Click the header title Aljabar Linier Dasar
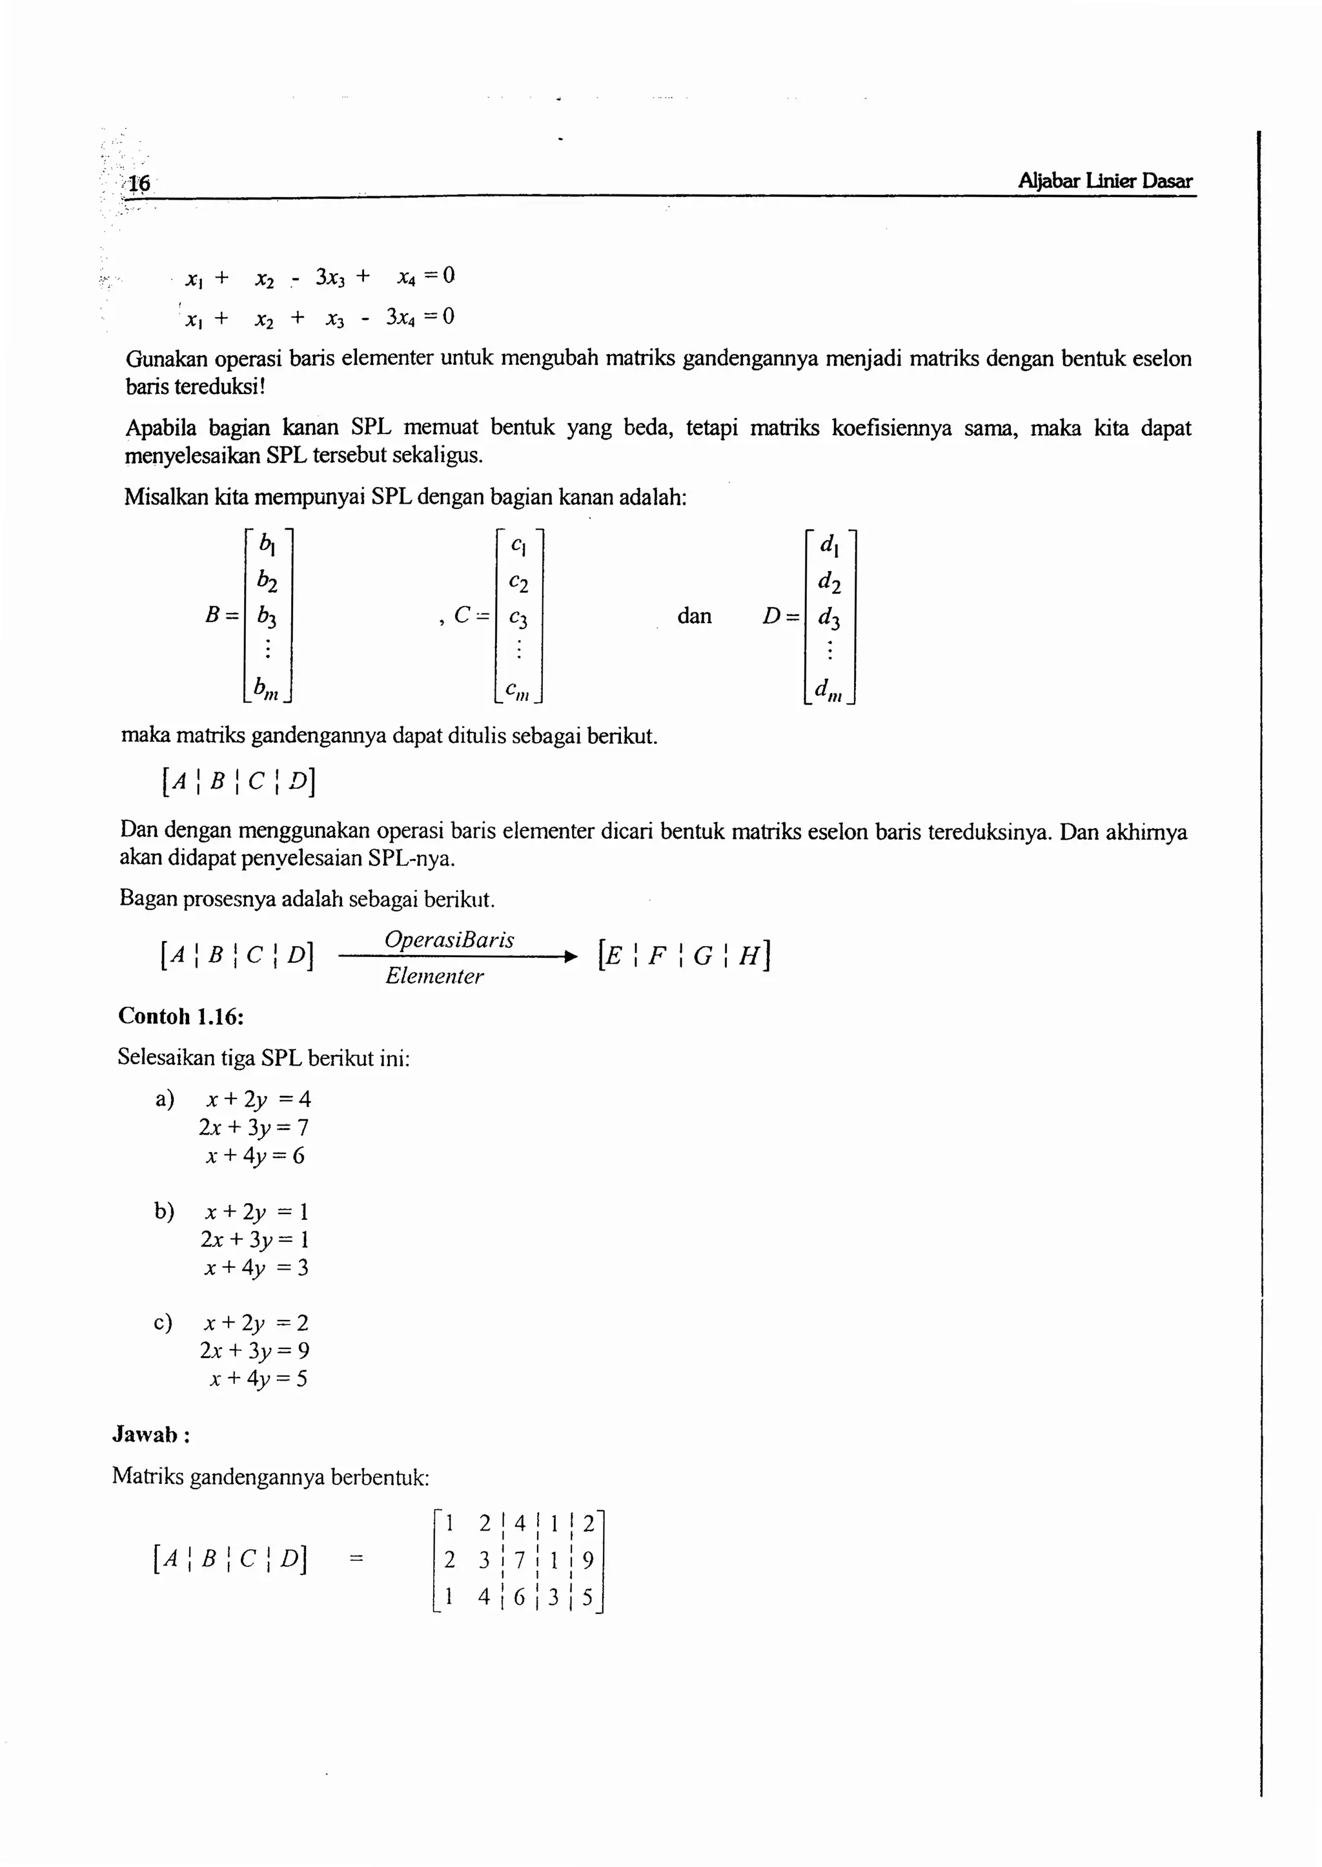[1104, 181]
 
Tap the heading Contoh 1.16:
[181, 1016]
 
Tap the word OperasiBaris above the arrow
[449, 940]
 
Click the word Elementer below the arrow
[434, 976]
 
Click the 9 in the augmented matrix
[588, 1560]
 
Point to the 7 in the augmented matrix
[520, 1560]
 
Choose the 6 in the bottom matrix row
[520, 1598]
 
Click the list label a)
[165, 1099]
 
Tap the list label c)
[163, 1323]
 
